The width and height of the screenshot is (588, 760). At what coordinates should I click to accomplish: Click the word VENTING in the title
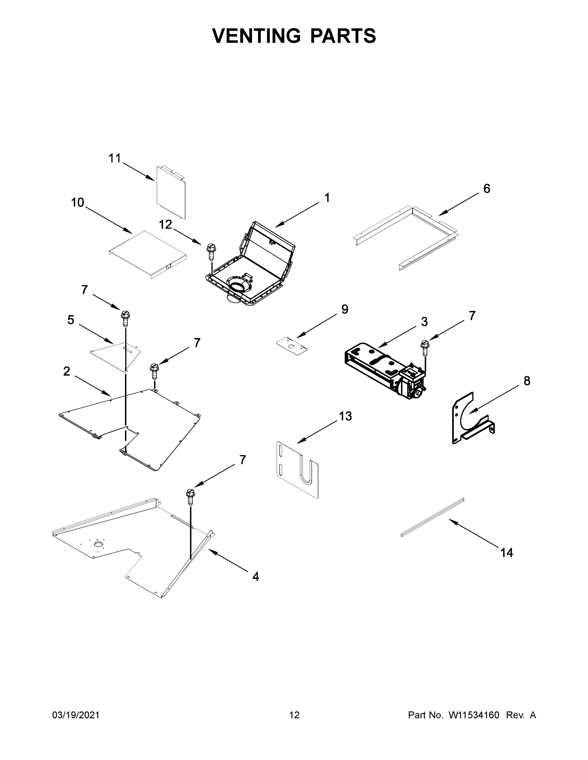pos(256,35)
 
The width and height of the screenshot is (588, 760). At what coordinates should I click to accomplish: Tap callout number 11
pos(115,159)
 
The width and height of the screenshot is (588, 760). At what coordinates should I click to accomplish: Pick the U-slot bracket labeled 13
pos(298,470)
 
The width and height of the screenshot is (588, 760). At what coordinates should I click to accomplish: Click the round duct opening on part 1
pos(237,288)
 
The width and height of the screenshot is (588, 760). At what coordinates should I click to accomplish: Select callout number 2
pos(67,372)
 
